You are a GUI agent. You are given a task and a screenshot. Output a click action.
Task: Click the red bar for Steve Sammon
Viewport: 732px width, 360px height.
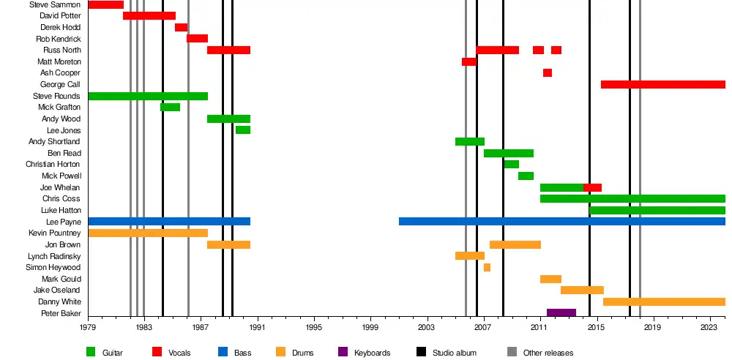pyautogui.click(x=105, y=5)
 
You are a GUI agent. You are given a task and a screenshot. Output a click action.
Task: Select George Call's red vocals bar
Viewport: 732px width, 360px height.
pyautogui.click(x=662, y=85)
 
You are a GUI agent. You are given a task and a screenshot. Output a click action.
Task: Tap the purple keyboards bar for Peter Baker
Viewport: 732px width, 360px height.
pyautogui.click(x=561, y=313)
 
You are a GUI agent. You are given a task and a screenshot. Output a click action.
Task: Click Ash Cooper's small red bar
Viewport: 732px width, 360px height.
pyautogui.click(x=548, y=73)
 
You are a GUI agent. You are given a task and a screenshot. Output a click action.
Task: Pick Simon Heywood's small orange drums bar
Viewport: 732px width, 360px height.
pyautogui.click(x=487, y=268)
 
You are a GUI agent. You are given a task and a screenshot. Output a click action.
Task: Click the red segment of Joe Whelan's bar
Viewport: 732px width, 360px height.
pyautogui.click(x=592, y=188)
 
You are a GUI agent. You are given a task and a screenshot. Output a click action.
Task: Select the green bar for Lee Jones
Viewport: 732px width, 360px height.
pyautogui.click(x=243, y=130)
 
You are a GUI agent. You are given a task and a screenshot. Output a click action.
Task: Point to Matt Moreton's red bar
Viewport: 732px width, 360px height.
pyautogui.click(x=469, y=62)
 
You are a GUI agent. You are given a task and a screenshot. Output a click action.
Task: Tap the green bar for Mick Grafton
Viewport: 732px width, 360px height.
pyautogui.click(x=170, y=108)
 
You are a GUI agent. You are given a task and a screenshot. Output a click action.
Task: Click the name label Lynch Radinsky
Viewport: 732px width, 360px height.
pyautogui.click(x=54, y=257)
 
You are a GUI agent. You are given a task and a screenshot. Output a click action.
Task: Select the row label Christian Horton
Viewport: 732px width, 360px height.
pyautogui.click(x=53, y=165)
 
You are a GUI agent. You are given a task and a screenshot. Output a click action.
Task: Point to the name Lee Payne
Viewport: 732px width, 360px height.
pyautogui.click(x=64, y=222)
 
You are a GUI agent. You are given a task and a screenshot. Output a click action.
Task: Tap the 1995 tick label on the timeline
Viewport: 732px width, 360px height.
pyautogui.click(x=314, y=329)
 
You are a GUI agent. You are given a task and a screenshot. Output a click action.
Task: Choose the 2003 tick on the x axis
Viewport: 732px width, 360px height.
pyautogui.click(x=427, y=329)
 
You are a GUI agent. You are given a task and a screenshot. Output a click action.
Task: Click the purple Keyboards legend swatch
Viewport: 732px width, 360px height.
pyautogui.click(x=342, y=353)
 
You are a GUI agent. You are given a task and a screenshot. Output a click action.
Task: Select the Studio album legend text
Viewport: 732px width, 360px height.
pyautogui.click(x=455, y=353)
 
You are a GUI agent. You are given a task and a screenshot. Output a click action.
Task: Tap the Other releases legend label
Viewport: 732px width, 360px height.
pyautogui.click(x=548, y=353)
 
